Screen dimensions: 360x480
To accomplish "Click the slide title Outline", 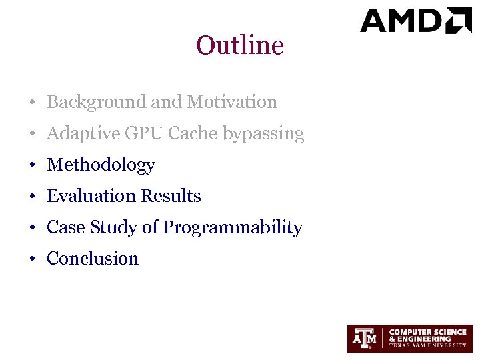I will [240, 45].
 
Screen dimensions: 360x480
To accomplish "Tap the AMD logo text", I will [403, 21].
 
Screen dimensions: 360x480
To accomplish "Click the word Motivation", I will [232, 102].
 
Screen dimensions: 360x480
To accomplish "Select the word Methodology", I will [101, 165].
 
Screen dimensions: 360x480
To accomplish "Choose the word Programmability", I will [233, 228].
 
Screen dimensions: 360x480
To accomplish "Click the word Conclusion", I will [93, 259].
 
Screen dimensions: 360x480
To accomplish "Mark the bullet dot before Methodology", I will [32, 165].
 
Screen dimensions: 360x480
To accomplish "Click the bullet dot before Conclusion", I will [32, 259].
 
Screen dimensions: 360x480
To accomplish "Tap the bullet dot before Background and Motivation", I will [32, 103].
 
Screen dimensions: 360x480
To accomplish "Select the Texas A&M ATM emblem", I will [364, 339].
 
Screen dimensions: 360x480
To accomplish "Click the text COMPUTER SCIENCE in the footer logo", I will [427, 332].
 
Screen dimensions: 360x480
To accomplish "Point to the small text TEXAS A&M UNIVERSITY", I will [427, 345].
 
